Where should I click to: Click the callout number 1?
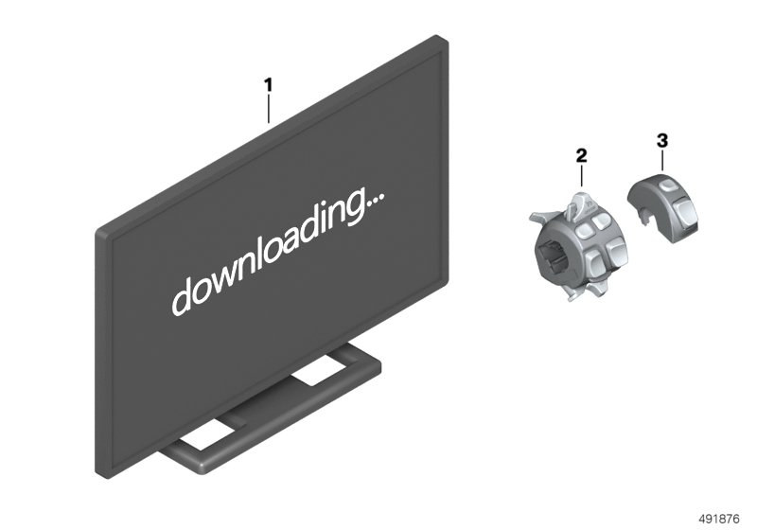pos(268,85)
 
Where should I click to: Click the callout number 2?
pos(581,155)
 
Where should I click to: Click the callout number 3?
pos(661,141)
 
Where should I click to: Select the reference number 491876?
pos(719,519)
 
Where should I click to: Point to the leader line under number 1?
pos(269,109)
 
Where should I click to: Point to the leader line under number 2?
pos(581,176)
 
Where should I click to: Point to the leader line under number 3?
pos(661,160)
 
